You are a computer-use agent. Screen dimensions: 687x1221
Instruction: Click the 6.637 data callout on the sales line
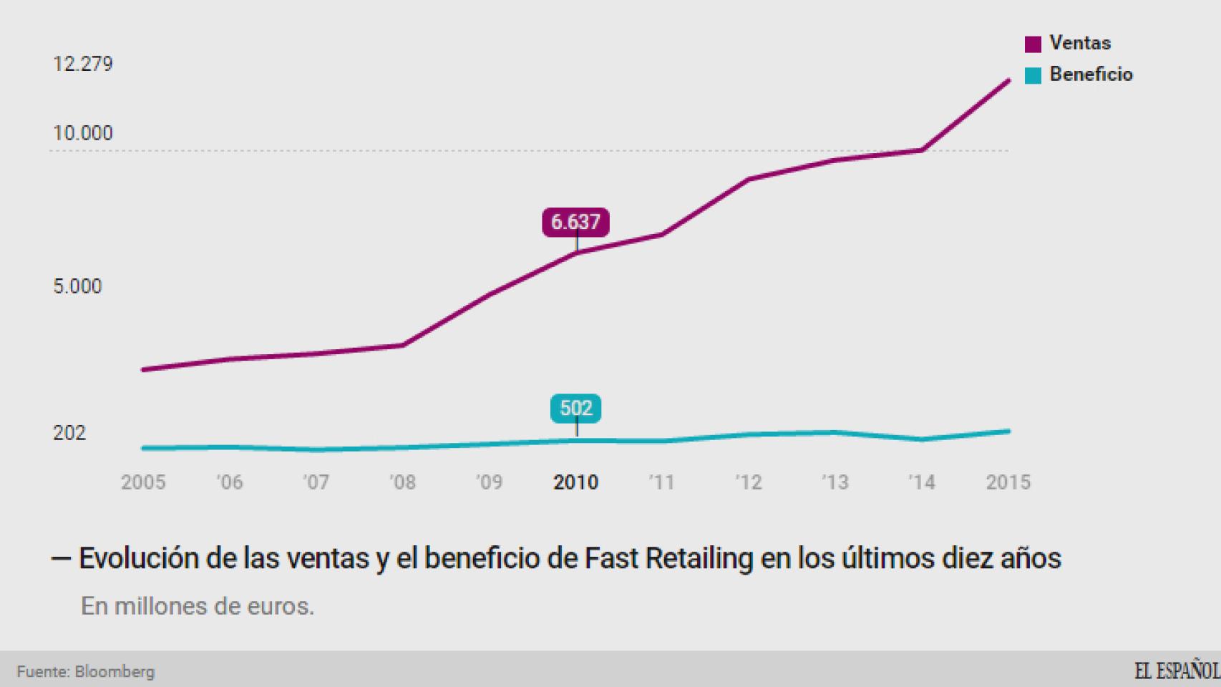click(x=575, y=222)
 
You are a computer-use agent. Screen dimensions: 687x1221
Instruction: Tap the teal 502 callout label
click(x=575, y=409)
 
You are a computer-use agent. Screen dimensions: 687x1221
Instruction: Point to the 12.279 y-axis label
click(x=83, y=64)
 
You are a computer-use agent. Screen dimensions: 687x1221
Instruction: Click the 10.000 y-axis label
click(x=83, y=134)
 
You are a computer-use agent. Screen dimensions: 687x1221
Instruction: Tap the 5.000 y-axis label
click(x=77, y=287)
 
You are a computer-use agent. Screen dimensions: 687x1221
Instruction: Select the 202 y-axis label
click(x=69, y=433)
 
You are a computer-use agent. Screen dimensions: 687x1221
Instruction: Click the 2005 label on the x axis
click(x=143, y=482)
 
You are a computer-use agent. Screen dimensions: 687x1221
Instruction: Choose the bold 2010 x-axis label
click(x=575, y=482)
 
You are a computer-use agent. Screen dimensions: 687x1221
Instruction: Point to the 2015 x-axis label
click(x=1008, y=482)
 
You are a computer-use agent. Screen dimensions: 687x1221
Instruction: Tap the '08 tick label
click(x=403, y=482)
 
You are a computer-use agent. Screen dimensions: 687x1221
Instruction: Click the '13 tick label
click(x=835, y=482)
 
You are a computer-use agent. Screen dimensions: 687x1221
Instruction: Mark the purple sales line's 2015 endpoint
click(x=1008, y=81)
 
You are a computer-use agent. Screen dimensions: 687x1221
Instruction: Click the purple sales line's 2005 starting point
click(x=144, y=369)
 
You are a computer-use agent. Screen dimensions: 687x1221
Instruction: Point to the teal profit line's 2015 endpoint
click(x=1008, y=431)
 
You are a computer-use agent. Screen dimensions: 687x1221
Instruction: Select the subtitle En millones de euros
click(x=198, y=606)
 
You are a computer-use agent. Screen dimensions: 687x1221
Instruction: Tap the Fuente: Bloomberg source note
click(x=86, y=672)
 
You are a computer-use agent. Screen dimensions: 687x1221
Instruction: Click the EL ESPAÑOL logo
click(x=1176, y=671)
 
